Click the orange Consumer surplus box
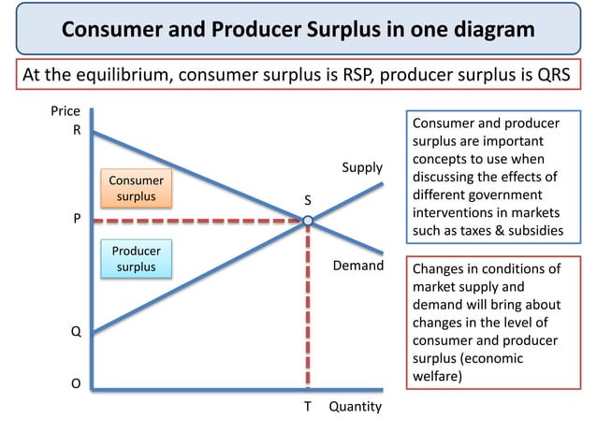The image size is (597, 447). pyautogui.click(x=137, y=188)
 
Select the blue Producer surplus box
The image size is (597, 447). pyautogui.click(x=137, y=260)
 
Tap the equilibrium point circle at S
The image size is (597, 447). pyautogui.click(x=307, y=221)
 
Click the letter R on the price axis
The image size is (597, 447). pyautogui.click(x=77, y=131)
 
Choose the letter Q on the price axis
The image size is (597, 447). pyautogui.click(x=77, y=331)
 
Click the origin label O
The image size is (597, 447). pyautogui.click(x=77, y=382)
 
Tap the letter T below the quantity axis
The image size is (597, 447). pyautogui.click(x=307, y=407)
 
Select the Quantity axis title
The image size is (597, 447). pyautogui.click(x=355, y=407)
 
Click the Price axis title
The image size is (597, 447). pyautogui.click(x=65, y=112)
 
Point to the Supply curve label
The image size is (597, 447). pyautogui.click(x=362, y=168)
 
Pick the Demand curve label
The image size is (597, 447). pyautogui.click(x=358, y=267)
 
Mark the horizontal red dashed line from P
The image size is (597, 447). pyautogui.click(x=197, y=221)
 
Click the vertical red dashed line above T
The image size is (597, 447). pyautogui.click(x=307, y=309)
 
